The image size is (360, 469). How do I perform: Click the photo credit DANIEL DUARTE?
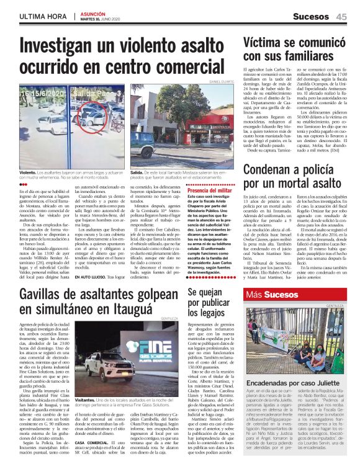[x=222, y=81]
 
